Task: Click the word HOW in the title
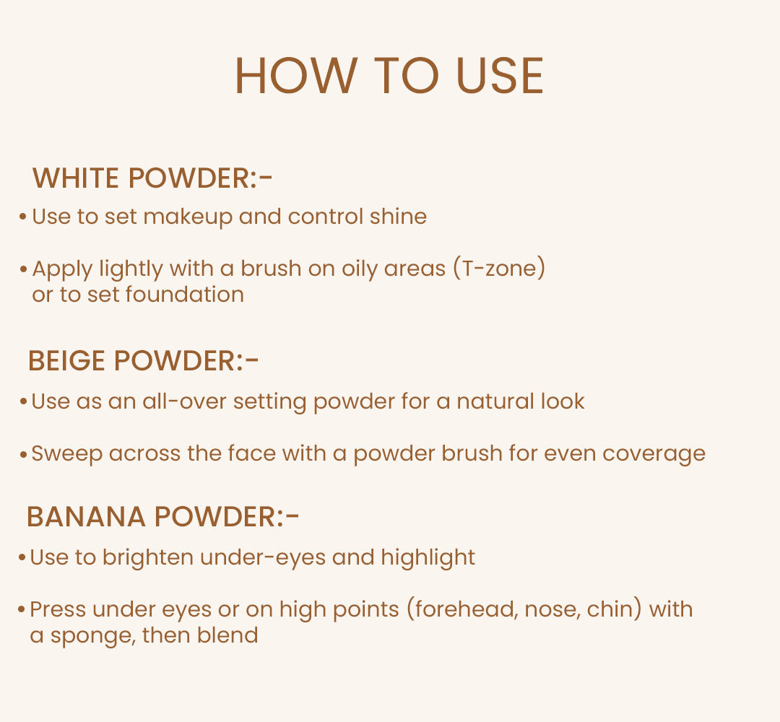click(x=296, y=76)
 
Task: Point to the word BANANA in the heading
click(x=86, y=517)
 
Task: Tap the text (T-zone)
click(x=499, y=269)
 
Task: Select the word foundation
click(x=184, y=295)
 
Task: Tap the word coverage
click(x=654, y=454)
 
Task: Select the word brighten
click(x=148, y=558)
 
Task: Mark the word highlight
click(x=428, y=558)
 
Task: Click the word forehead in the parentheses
click(x=460, y=609)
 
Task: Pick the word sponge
click(x=86, y=637)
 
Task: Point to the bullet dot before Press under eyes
click(x=22, y=610)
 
